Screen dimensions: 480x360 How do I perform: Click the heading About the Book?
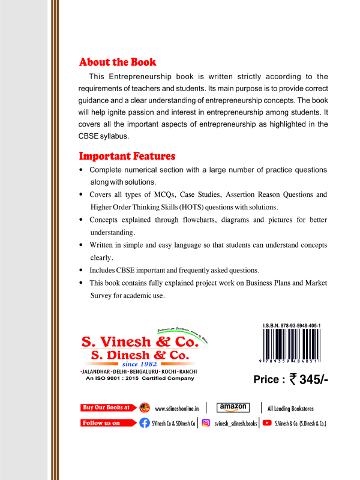[x=118, y=62]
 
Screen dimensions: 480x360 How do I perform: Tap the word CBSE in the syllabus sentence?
[x=89, y=136]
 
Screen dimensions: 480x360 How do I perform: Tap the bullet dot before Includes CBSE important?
[x=81, y=269]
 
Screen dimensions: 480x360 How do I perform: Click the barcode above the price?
[x=292, y=346]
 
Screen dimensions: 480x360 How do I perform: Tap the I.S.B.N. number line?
[x=292, y=325]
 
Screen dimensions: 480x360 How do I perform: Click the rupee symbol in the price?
[x=293, y=379]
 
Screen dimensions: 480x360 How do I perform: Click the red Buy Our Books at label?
[x=106, y=407]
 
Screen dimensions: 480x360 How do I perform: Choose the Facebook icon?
[x=145, y=422]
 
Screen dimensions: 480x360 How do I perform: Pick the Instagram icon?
[x=206, y=422]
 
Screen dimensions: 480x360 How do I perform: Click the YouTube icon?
[x=267, y=422]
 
